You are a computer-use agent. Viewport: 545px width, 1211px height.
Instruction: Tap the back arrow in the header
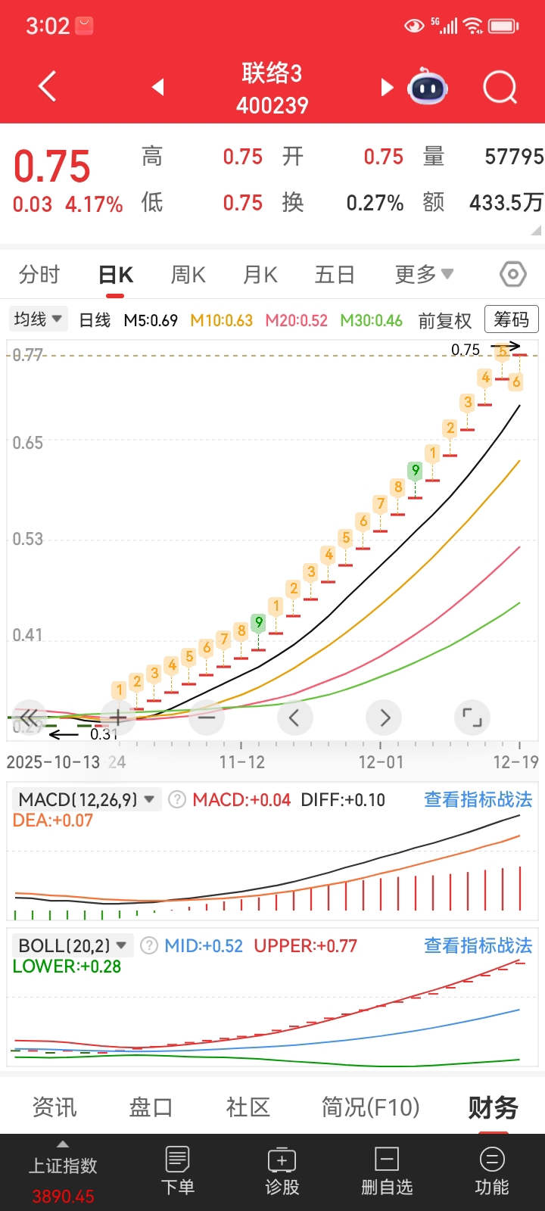[47, 87]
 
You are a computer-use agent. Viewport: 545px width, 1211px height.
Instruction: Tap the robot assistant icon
[428, 88]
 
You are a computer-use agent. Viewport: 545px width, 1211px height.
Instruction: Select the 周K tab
[188, 275]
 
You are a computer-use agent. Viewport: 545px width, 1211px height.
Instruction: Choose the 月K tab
[260, 275]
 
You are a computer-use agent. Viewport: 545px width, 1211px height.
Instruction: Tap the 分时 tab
[39, 275]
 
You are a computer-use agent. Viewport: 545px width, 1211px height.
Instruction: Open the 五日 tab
[335, 275]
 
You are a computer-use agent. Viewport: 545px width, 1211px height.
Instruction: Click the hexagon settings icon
[513, 274]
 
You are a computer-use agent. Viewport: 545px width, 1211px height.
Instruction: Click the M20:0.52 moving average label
[296, 320]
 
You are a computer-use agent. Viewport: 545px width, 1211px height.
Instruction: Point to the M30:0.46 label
[371, 320]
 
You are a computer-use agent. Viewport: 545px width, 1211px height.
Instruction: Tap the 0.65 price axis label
[28, 443]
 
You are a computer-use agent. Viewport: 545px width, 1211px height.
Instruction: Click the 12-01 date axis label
[381, 762]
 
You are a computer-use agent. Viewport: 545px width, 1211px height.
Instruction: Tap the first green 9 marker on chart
[259, 623]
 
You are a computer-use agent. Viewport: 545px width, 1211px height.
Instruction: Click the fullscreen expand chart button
[472, 718]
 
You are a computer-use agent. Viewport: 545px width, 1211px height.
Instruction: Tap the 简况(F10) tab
[370, 1107]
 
